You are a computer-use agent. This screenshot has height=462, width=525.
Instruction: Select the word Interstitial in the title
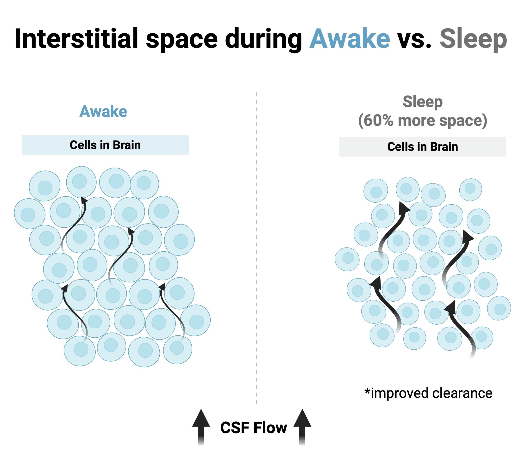point(76,38)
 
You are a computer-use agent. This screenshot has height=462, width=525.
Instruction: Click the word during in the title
point(263,40)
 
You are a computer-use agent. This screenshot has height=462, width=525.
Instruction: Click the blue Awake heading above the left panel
point(103,112)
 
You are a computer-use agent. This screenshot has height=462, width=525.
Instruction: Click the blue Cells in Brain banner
point(105,145)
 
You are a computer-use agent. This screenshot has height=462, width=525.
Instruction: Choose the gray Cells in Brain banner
point(423,147)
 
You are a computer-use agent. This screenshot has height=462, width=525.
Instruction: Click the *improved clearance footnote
point(428,394)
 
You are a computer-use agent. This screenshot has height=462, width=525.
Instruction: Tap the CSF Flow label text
point(254,428)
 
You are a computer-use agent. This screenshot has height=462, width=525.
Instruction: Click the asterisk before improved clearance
point(367,391)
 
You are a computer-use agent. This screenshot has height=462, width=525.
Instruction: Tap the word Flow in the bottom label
point(270,428)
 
